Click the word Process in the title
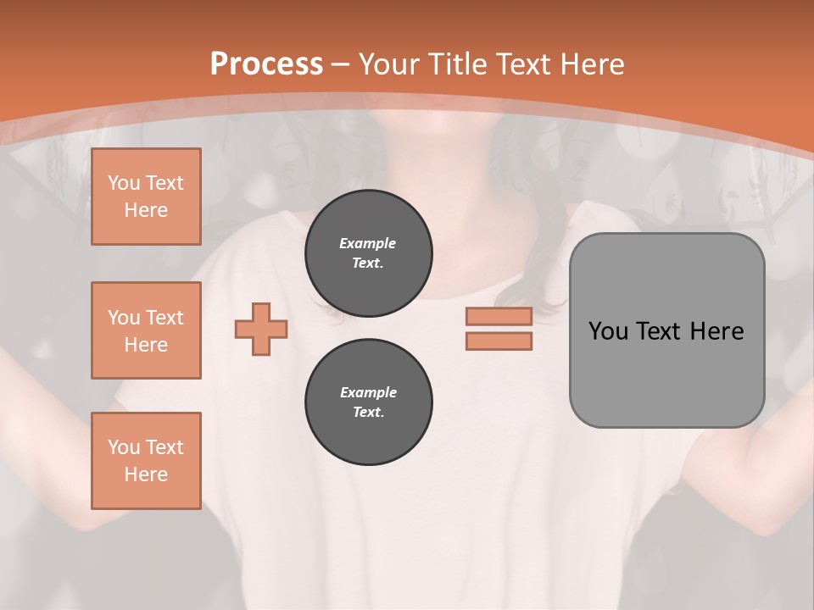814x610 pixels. (266, 64)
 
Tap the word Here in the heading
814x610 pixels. (589, 64)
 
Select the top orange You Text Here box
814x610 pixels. (146, 197)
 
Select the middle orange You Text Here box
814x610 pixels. (146, 330)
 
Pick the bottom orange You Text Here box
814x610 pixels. (146, 461)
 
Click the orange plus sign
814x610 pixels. (261, 329)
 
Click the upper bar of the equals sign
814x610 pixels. (499, 317)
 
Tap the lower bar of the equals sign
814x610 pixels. (499, 341)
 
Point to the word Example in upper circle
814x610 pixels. (368, 243)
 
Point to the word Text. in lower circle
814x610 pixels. (368, 413)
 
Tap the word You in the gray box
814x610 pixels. (608, 331)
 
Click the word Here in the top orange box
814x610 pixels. (146, 210)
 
